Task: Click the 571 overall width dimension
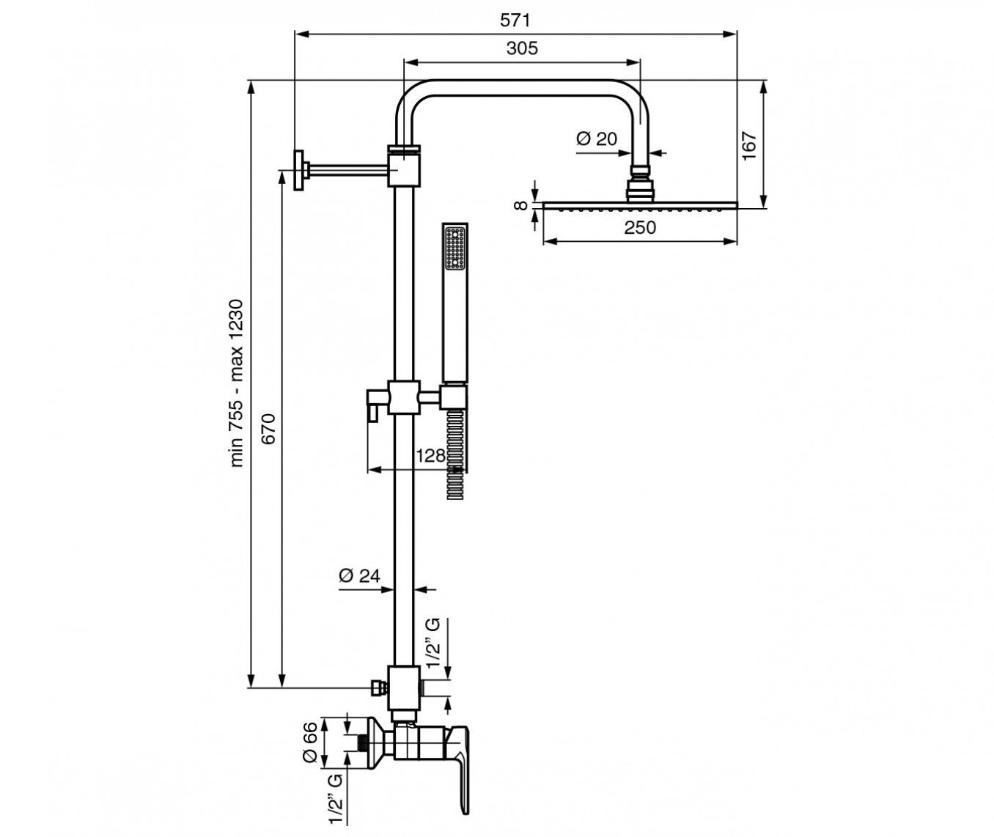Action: pyautogui.click(x=515, y=20)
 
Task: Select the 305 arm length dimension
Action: pyautogui.click(x=522, y=48)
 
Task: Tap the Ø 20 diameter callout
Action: pyautogui.click(x=597, y=139)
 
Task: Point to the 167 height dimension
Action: pyautogui.click(x=749, y=146)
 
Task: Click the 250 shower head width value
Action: pyautogui.click(x=640, y=228)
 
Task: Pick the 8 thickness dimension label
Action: pyautogui.click(x=522, y=205)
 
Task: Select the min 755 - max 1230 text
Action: pyautogui.click(x=236, y=383)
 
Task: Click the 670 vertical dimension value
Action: pyautogui.click(x=269, y=429)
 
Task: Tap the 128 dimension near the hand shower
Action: pyautogui.click(x=430, y=456)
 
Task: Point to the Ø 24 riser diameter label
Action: pyautogui.click(x=359, y=575)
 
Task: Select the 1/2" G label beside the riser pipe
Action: pyautogui.click(x=433, y=643)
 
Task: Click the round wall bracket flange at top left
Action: pyautogui.click(x=298, y=171)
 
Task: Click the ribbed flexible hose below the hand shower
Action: pyautogui.click(x=455, y=454)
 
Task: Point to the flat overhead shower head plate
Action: pyautogui.click(x=640, y=205)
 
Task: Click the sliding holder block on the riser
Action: pyautogui.click(x=404, y=397)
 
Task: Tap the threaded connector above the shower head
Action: pyautogui.click(x=640, y=182)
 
